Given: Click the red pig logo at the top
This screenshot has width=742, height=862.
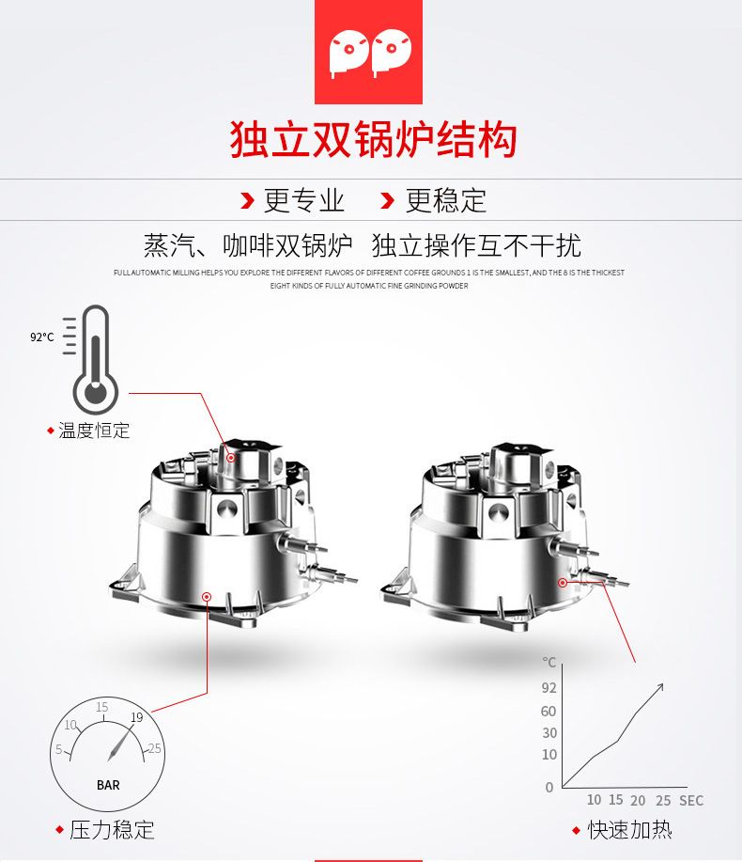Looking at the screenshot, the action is (x=368, y=52).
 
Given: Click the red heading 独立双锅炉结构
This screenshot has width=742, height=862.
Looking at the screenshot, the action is (x=373, y=140).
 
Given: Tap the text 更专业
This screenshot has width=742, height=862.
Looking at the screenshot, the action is (x=303, y=200).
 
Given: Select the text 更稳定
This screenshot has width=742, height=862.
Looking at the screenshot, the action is (x=445, y=200).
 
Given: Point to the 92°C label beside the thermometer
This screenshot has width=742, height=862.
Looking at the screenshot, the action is (x=41, y=337).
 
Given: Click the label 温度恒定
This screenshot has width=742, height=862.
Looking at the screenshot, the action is (x=94, y=431).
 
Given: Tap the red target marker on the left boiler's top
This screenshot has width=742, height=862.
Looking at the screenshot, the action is (x=231, y=458).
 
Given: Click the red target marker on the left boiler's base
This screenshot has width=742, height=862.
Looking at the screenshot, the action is (x=207, y=597).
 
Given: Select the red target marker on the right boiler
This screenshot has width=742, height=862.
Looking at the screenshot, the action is (x=563, y=582).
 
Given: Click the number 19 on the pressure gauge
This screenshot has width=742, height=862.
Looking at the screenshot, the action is (x=137, y=717).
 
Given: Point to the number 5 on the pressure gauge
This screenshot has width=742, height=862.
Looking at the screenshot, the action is (x=59, y=749).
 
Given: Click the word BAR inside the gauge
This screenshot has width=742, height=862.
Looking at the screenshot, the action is (x=108, y=785).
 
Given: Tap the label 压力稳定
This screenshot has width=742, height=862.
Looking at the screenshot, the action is (x=112, y=829).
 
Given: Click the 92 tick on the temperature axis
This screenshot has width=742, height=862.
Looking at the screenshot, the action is (x=549, y=688).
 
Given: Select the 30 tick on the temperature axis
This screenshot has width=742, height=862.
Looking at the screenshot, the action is (x=549, y=733).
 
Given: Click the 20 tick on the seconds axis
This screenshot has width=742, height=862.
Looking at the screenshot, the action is (x=638, y=801).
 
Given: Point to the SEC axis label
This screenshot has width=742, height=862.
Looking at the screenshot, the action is (x=691, y=801).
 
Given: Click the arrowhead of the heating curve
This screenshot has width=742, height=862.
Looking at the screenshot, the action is (x=660, y=686).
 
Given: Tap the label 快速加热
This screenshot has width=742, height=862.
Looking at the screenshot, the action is (x=630, y=829).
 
